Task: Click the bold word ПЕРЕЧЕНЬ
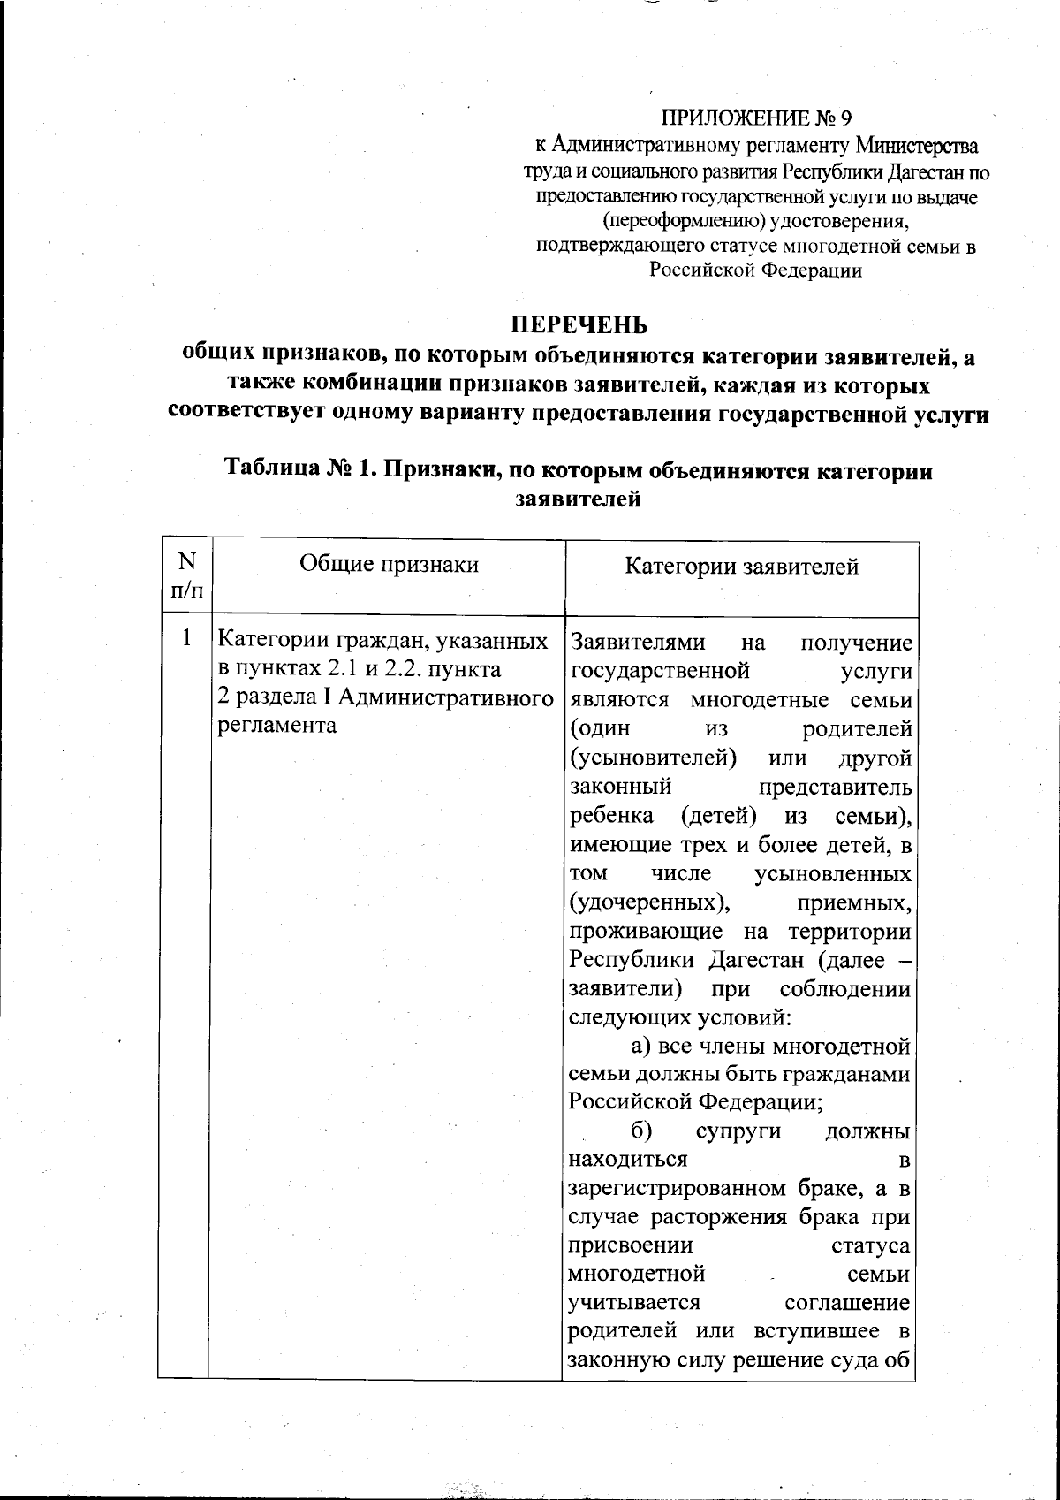pyautogui.click(x=581, y=325)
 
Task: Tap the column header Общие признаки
pyautogui.click(x=389, y=564)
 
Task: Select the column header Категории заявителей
pyautogui.click(x=741, y=566)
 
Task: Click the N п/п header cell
pyautogui.click(x=186, y=575)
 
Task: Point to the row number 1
pyautogui.click(x=186, y=636)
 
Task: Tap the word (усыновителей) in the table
pyautogui.click(x=654, y=758)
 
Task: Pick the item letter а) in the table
pyautogui.click(x=640, y=1047)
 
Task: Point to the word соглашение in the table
pyautogui.click(x=846, y=1303)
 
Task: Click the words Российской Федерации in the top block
pyautogui.click(x=756, y=271)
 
